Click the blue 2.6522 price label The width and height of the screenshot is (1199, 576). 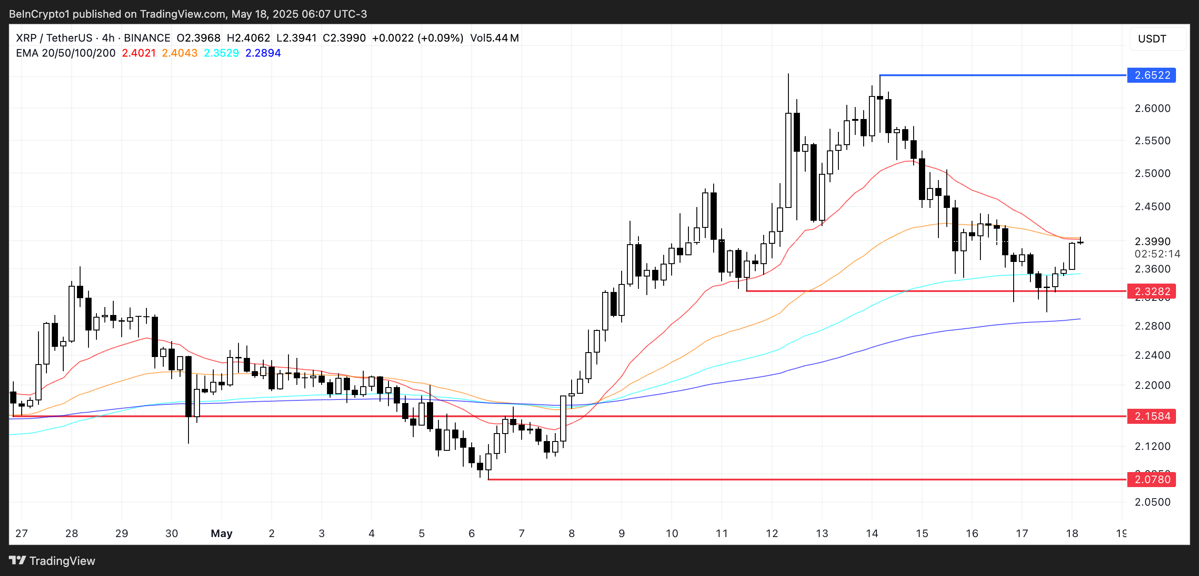[x=1151, y=75]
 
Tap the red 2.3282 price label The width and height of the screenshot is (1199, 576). [x=1151, y=291]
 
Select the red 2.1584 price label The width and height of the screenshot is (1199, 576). [x=1151, y=416]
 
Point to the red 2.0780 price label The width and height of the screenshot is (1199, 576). [x=1151, y=479]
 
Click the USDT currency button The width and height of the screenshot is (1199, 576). [x=1152, y=38]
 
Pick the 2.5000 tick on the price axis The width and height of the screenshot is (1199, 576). [x=1152, y=173]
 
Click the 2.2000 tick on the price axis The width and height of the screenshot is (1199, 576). [x=1152, y=385]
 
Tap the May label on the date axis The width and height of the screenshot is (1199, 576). [x=222, y=533]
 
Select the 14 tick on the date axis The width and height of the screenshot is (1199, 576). [x=872, y=533]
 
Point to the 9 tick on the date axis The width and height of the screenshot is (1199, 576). [x=621, y=533]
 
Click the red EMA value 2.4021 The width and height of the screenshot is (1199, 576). [x=139, y=53]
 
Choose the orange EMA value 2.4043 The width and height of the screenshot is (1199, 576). [x=180, y=53]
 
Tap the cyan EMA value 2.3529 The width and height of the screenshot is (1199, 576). [x=222, y=53]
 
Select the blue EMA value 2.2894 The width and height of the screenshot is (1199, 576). [x=263, y=53]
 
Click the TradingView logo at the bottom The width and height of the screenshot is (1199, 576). [x=52, y=561]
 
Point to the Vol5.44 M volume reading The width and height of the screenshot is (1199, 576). [x=494, y=38]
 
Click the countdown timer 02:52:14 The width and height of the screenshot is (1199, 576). [x=1157, y=254]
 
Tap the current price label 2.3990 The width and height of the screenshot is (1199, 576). [x=1152, y=242]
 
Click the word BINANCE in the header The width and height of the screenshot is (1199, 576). [x=147, y=38]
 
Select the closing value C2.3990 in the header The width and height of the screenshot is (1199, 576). [x=344, y=38]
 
